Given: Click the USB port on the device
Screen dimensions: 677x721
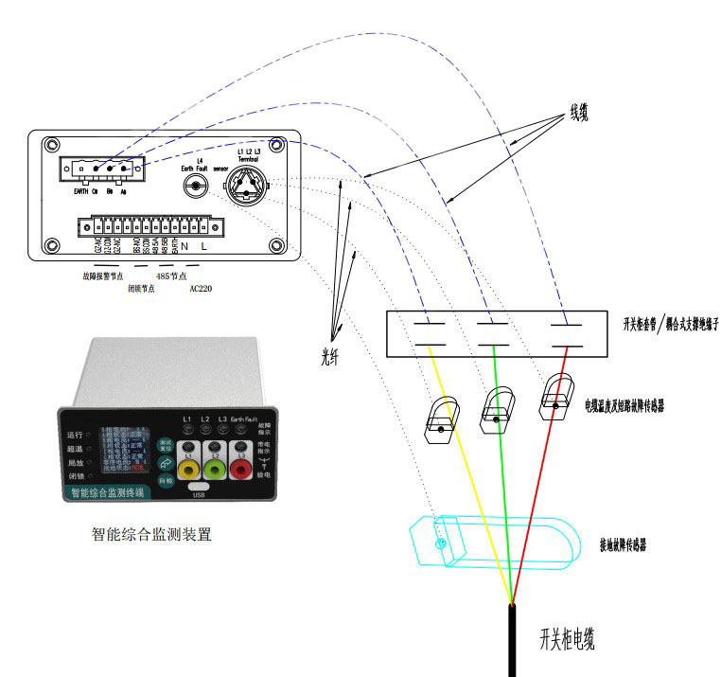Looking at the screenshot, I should click(x=198, y=485).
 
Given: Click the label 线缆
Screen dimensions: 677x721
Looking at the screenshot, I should click(x=578, y=112).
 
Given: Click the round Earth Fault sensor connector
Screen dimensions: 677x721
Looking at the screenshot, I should click(x=196, y=186).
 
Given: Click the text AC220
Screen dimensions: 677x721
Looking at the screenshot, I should click(x=201, y=288).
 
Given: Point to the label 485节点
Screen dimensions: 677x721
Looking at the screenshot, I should click(x=170, y=276).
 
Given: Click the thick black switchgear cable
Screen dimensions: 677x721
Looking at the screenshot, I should click(x=512, y=644).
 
